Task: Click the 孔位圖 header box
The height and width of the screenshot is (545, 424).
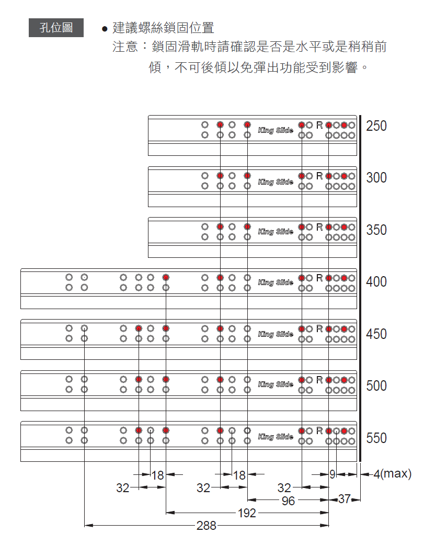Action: pyautogui.click(x=56, y=28)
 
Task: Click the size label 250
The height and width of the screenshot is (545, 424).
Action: pyautogui.click(x=376, y=126)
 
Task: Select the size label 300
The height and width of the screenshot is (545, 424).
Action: pyautogui.click(x=376, y=178)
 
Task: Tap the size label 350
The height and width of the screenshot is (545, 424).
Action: pyautogui.click(x=376, y=230)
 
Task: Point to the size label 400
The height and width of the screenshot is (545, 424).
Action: pyautogui.click(x=376, y=282)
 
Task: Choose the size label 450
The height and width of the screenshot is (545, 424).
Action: pyautogui.click(x=376, y=334)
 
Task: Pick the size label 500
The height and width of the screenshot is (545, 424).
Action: pyautogui.click(x=376, y=385)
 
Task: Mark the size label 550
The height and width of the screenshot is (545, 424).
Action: pyautogui.click(x=376, y=438)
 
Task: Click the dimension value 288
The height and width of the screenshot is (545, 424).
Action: pyautogui.click(x=207, y=526)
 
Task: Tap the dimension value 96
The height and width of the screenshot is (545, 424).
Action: pyautogui.click(x=288, y=501)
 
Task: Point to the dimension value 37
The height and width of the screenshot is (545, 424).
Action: pyautogui.click(x=344, y=499)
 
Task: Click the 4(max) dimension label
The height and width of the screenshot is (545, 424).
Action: pyautogui.click(x=392, y=474)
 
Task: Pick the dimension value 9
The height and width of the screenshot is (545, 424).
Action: pyautogui.click(x=333, y=475)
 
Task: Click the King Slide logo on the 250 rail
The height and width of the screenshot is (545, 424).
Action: pyautogui.click(x=276, y=130)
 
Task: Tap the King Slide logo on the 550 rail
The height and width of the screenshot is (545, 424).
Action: pyautogui.click(x=276, y=436)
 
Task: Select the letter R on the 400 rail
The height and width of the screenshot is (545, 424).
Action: pyautogui.click(x=319, y=278)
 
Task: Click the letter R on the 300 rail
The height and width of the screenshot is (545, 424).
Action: pyautogui.click(x=319, y=176)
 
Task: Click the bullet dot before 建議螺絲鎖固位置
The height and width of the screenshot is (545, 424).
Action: pyautogui.click(x=105, y=29)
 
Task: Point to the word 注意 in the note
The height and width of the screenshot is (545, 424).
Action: pyautogui.click(x=125, y=47)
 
